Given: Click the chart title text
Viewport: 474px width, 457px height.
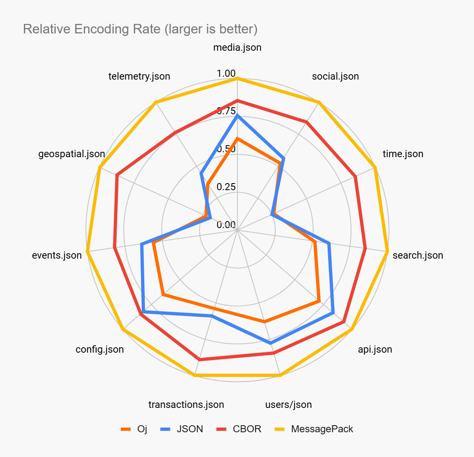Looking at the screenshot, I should point(140,29).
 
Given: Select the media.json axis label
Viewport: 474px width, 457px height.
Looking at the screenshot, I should point(237,47).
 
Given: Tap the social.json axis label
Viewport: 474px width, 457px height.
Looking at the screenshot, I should point(335,76).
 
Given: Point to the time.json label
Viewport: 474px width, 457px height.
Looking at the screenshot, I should point(403,154).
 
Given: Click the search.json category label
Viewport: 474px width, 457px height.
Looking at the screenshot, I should point(418,255).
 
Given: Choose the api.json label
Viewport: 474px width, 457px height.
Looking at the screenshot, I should point(375,349).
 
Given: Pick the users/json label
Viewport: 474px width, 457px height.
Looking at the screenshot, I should point(289,405).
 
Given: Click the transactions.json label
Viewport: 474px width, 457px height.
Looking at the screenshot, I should point(186,405).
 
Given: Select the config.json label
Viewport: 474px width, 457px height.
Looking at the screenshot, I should point(99,349).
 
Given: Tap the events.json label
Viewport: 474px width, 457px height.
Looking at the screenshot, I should point(57,255).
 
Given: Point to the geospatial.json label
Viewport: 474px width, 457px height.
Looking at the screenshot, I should point(72,154).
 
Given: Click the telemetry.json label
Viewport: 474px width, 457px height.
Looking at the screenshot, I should point(139,76).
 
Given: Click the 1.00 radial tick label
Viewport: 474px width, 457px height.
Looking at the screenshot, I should point(226,73).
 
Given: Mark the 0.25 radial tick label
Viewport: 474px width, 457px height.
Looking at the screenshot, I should point(226,187).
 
